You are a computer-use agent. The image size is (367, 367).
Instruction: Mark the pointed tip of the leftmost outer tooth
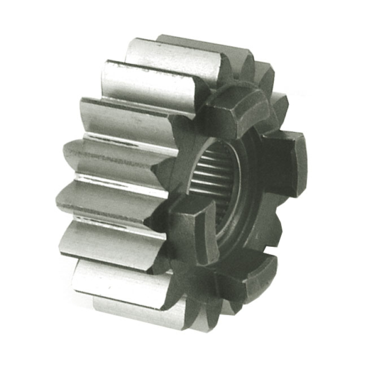point(64,154)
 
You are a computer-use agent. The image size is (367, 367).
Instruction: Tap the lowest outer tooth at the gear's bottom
point(138,307)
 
